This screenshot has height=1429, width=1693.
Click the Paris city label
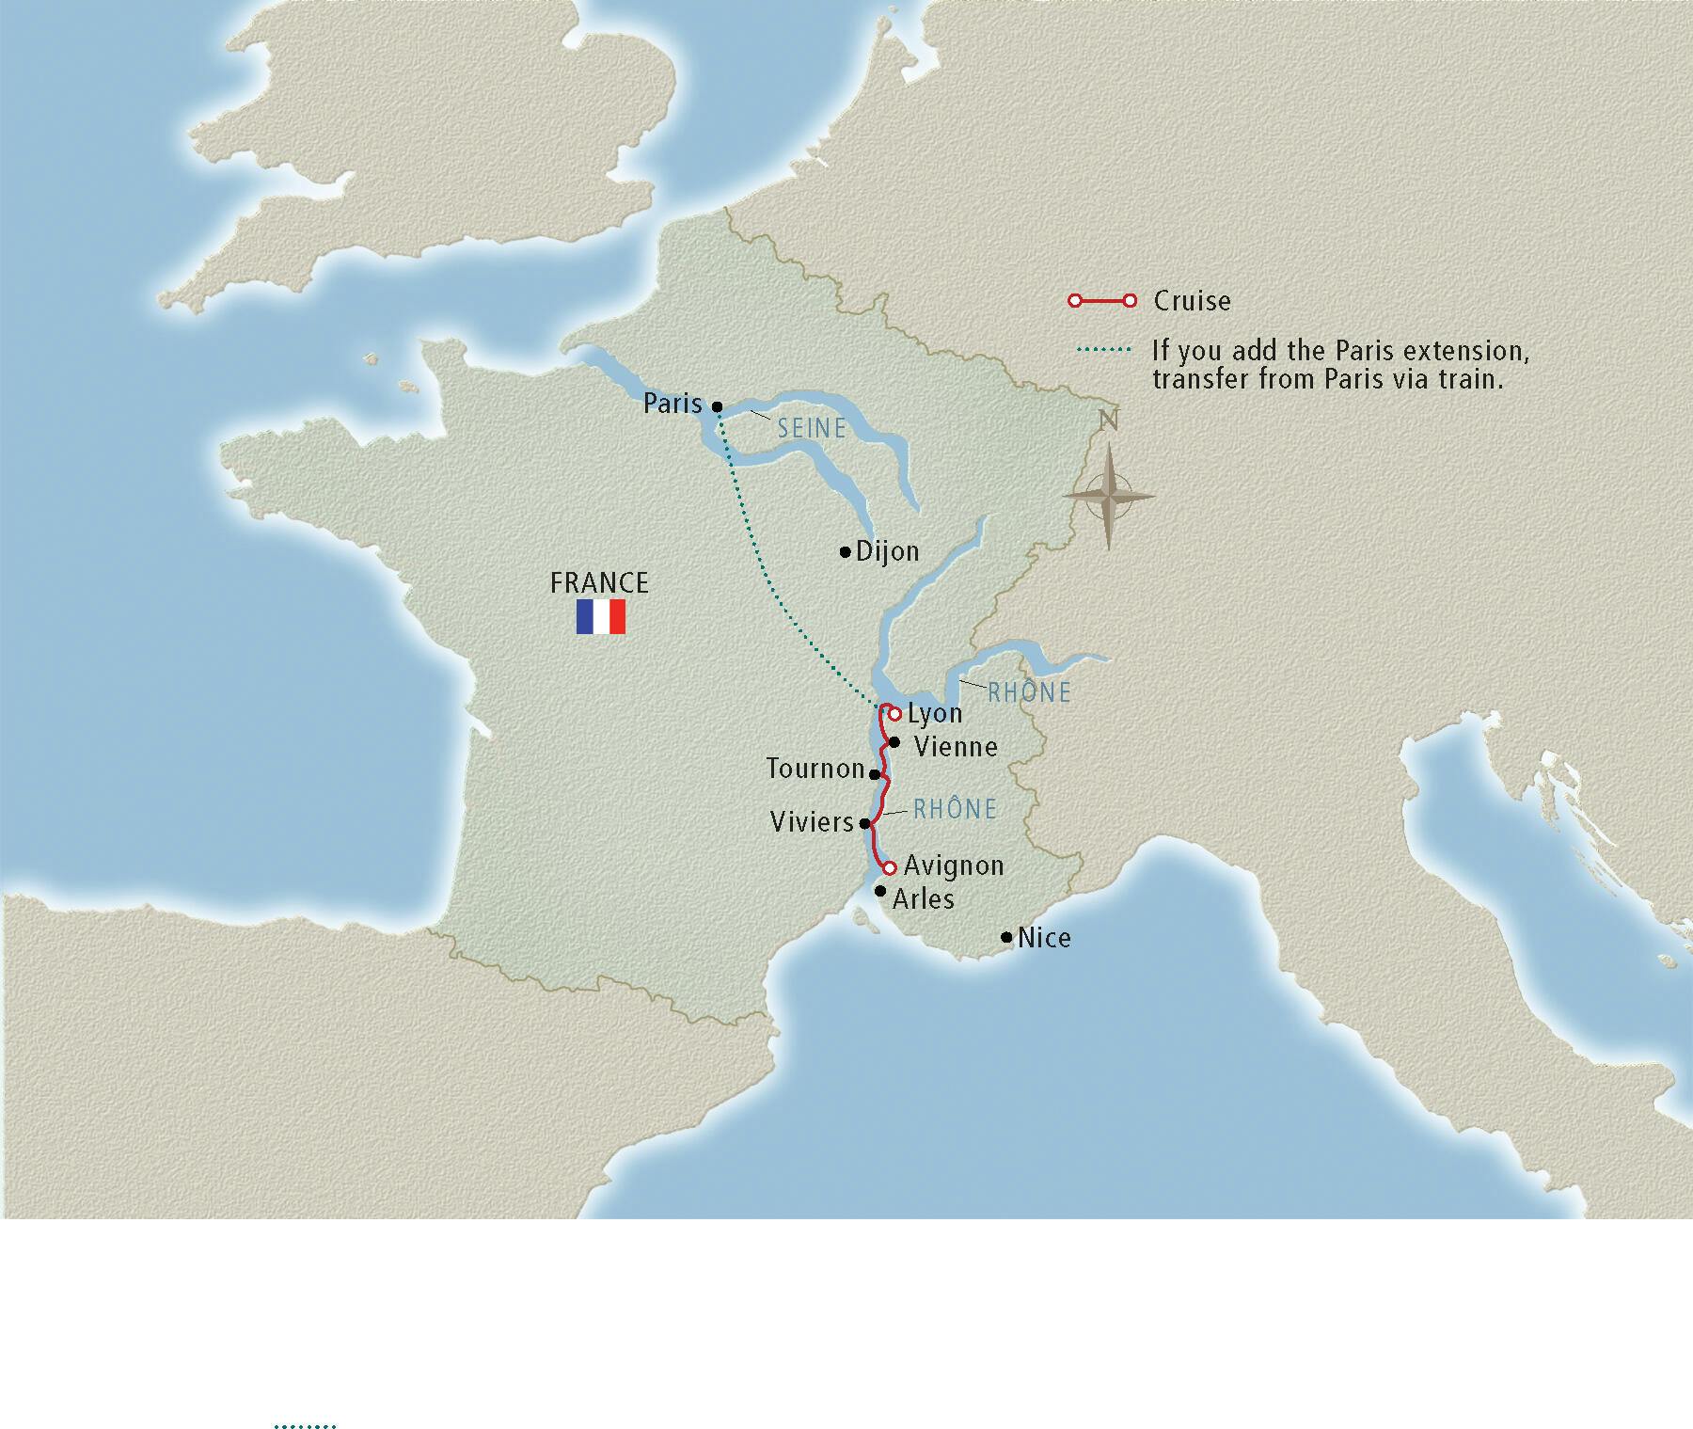[x=672, y=404]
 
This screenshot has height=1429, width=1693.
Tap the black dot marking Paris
[x=717, y=407]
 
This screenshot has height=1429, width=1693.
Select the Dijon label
[x=887, y=551]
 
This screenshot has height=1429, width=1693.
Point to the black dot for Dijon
[x=846, y=552]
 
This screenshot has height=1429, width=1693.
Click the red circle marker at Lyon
[x=894, y=714]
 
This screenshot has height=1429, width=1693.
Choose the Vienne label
[x=956, y=747]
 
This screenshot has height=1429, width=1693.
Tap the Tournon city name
[x=815, y=769]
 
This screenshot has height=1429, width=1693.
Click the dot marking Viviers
[x=865, y=823]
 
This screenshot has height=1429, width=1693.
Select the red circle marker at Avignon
[x=889, y=867]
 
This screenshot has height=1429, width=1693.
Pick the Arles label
[x=923, y=899]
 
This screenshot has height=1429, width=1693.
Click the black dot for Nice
[x=1007, y=937]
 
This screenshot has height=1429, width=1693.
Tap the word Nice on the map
[x=1044, y=938]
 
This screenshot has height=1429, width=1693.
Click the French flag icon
[x=601, y=617]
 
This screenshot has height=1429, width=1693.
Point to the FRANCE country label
[x=599, y=583]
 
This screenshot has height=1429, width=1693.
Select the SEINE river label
[x=812, y=429]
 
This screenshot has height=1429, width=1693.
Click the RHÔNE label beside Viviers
[x=955, y=809]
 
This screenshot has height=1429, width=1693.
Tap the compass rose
[x=1109, y=496]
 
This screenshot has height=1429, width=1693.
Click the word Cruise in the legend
[x=1192, y=301]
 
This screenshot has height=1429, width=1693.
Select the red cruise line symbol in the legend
[x=1101, y=301]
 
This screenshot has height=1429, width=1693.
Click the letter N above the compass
[x=1109, y=421]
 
